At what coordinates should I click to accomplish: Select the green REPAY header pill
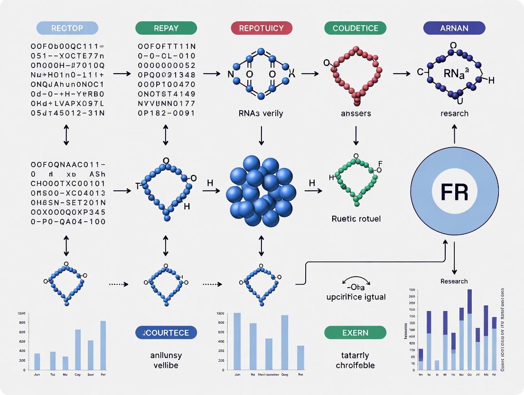166,28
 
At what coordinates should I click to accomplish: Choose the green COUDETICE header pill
355,28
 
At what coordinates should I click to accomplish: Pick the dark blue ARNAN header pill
454,28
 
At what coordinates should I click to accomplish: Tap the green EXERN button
355,333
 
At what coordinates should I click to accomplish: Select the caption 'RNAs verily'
261,113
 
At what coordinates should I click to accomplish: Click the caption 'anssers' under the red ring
355,113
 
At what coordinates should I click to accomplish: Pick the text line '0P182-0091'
166,113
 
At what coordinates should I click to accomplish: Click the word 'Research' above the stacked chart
454,281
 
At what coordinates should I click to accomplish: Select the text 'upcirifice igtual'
355,297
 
